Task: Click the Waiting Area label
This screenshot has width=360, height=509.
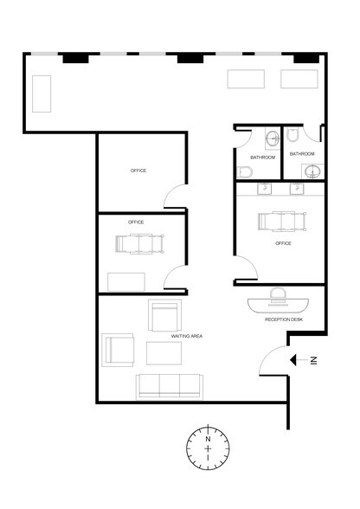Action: click(x=187, y=336)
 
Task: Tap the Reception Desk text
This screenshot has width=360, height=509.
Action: click(x=284, y=319)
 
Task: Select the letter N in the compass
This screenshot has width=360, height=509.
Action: click(x=208, y=439)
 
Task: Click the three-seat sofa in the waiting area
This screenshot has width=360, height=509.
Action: click(x=170, y=386)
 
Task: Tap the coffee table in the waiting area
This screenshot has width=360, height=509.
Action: click(x=164, y=353)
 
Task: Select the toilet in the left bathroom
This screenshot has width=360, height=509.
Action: click(x=244, y=172)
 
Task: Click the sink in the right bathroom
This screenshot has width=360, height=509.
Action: click(x=313, y=171)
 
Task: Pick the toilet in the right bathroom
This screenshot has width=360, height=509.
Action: click(x=292, y=135)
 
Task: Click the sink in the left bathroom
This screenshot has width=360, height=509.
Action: click(x=272, y=138)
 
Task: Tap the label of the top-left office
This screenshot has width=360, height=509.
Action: click(x=138, y=171)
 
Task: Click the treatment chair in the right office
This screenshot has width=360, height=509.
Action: click(x=282, y=222)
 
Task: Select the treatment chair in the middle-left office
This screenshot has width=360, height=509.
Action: click(x=139, y=244)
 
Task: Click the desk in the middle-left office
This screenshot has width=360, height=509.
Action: click(x=126, y=282)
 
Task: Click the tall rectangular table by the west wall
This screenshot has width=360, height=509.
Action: click(x=42, y=93)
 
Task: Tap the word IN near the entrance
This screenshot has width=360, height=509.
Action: click(x=313, y=361)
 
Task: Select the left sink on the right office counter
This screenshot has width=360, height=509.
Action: click(x=264, y=189)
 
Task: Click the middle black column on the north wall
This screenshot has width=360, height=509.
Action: click(x=190, y=59)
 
